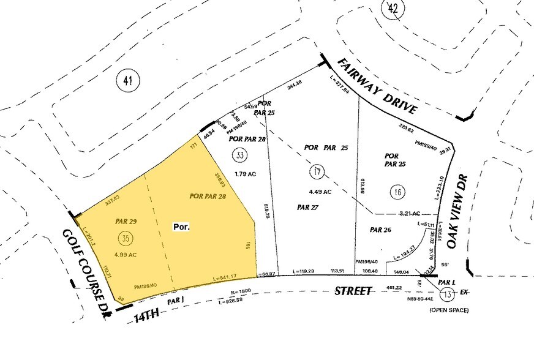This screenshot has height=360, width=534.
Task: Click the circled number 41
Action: (x=128, y=80)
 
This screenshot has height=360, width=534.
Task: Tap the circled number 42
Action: (x=393, y=9)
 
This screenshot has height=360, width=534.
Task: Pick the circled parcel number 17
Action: (x=317, y=173)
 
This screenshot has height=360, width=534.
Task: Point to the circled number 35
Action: (x=125, y=237)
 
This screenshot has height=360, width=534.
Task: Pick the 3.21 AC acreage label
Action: (x=408, y=214)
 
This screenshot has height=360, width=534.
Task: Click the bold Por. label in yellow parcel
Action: (x=181, y=227)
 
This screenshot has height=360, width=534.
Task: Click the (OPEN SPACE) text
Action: (x=449, y=310)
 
